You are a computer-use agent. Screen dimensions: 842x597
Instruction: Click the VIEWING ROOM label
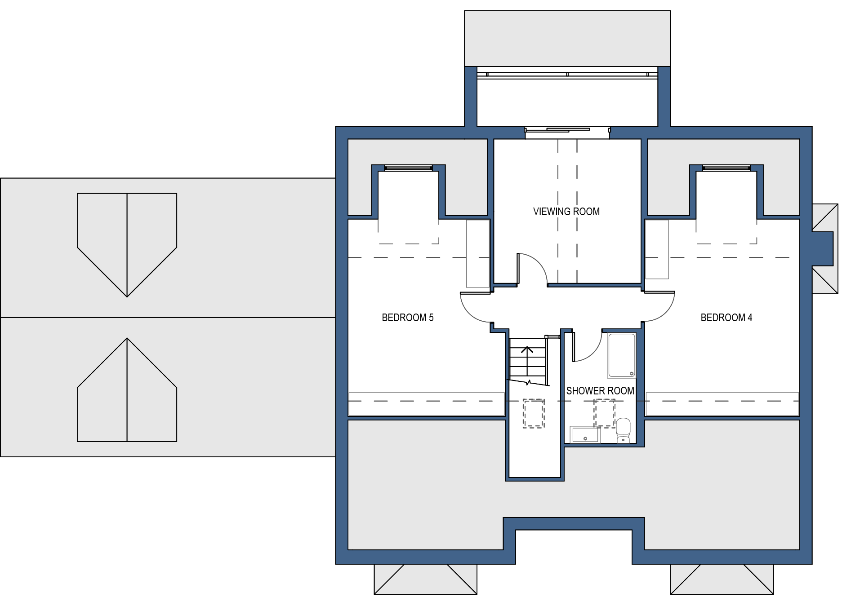click(x=566, y=212)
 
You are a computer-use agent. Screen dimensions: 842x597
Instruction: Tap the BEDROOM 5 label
click(x=407, y=318)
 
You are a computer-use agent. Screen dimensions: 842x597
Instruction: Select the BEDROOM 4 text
click(x=726, y=318)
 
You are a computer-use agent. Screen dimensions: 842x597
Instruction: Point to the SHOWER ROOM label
click(x=600, y=391)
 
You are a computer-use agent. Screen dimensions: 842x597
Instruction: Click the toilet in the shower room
click(x=623, y=430)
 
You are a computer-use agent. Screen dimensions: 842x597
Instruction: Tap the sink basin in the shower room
click(x=585, y=434)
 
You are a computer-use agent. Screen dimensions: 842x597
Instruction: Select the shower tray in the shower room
click(x=622, y=355)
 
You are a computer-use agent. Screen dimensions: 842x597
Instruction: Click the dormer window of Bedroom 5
click(x=408, y=168)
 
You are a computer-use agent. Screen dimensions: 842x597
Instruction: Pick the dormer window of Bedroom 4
click(x=726, y=168)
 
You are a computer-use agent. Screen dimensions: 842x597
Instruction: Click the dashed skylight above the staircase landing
click(x=534, y=413)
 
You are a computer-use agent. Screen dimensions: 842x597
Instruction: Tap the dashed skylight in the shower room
click(x=605, y=413)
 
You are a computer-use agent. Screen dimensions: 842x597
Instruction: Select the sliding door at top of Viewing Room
click(x=567, y=131)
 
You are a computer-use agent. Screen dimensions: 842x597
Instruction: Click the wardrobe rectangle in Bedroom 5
click(x=478, y=253)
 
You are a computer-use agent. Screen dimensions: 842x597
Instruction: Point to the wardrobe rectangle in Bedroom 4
click(x=657, y=249)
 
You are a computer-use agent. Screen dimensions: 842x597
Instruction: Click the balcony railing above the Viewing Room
click(x=567, y=74)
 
